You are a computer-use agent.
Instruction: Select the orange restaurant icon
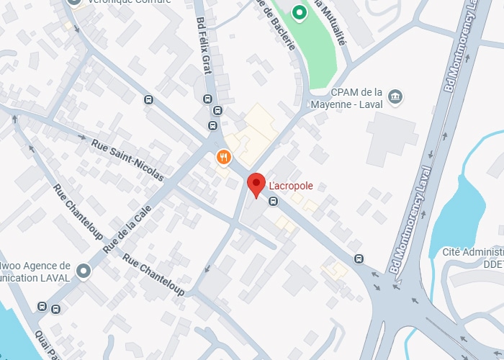224,156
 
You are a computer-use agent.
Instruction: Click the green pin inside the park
299,12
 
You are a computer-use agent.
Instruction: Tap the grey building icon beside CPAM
395,96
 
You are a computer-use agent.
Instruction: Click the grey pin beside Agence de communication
84,271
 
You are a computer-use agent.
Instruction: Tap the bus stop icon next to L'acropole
273,201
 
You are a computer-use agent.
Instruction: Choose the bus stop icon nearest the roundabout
359,259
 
